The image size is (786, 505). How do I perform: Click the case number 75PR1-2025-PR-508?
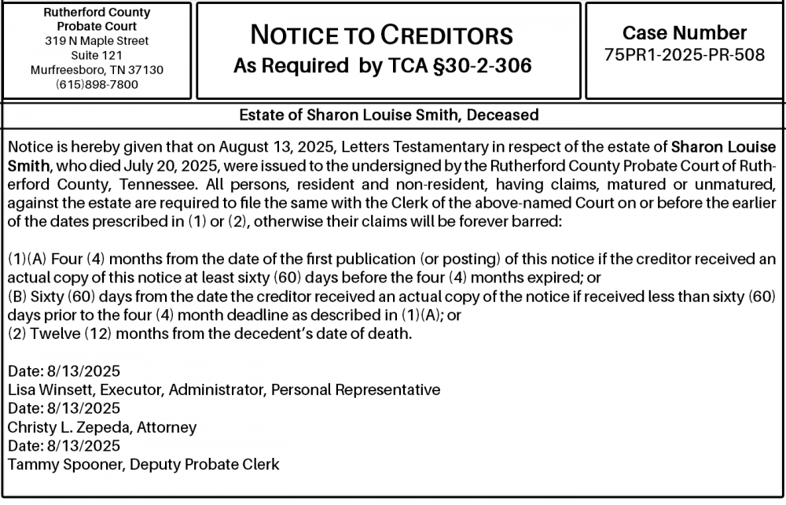(685, 55)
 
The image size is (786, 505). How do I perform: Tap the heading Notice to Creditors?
(381, 35)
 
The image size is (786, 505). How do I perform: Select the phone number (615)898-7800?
(97, 84)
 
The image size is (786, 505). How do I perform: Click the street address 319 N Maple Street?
(97, 40)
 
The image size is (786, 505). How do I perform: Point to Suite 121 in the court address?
(97, 55)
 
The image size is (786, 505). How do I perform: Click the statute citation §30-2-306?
(480, 66)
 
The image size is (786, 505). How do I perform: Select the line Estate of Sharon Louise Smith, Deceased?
(389, 115)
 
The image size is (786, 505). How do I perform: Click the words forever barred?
(517, 221)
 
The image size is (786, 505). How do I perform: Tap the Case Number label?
(685, 33)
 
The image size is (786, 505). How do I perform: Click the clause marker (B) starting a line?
(16, 296)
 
